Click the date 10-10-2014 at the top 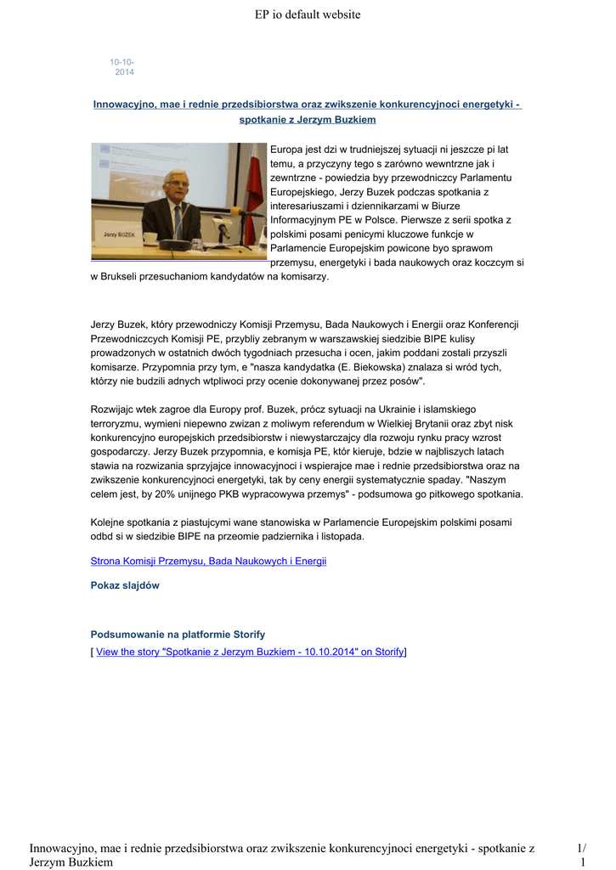pyautogui.click(x=122, y=67)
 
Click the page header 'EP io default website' pyautogui.click(x=308, y=14)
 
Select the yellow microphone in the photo pyautogui.click(x=236, y=212)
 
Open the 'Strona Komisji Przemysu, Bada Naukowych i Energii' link pyautogui.click(x=208, y=562)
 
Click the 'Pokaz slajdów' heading pyautogui.click(x=125, y=585)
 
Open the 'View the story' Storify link pyautogui.click(x=250, y=652)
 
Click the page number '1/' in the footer pyautogui.click(x=581, y=848)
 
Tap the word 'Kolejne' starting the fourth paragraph pyautogui.click(x=110, y=522)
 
